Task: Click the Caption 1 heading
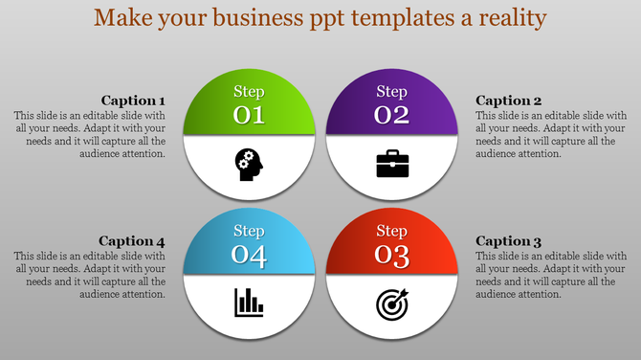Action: tap(133, 101)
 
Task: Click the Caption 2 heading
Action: tap(509, 101)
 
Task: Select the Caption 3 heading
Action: tap(509, 241)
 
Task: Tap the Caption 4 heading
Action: tap(133, 241)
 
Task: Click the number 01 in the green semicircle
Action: tap(249, 116)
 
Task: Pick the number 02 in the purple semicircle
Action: tap(392, 116)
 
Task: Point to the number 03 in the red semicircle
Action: tap(392, 257)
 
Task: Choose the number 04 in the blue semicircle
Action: tap(249, 257)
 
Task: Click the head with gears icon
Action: tap(249, 163)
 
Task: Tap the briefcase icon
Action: tap(392, 164)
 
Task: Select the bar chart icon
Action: tap(249, 304)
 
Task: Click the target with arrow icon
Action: tap(392, 304)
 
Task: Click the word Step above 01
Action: tap(249, 92)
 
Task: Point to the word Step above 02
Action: tap(392, 92)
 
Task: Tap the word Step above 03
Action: tap(392, 231)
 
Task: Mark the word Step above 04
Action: tap(249, 231)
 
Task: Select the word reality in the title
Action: tap(512, 18)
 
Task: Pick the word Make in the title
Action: tap(122, 18)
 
